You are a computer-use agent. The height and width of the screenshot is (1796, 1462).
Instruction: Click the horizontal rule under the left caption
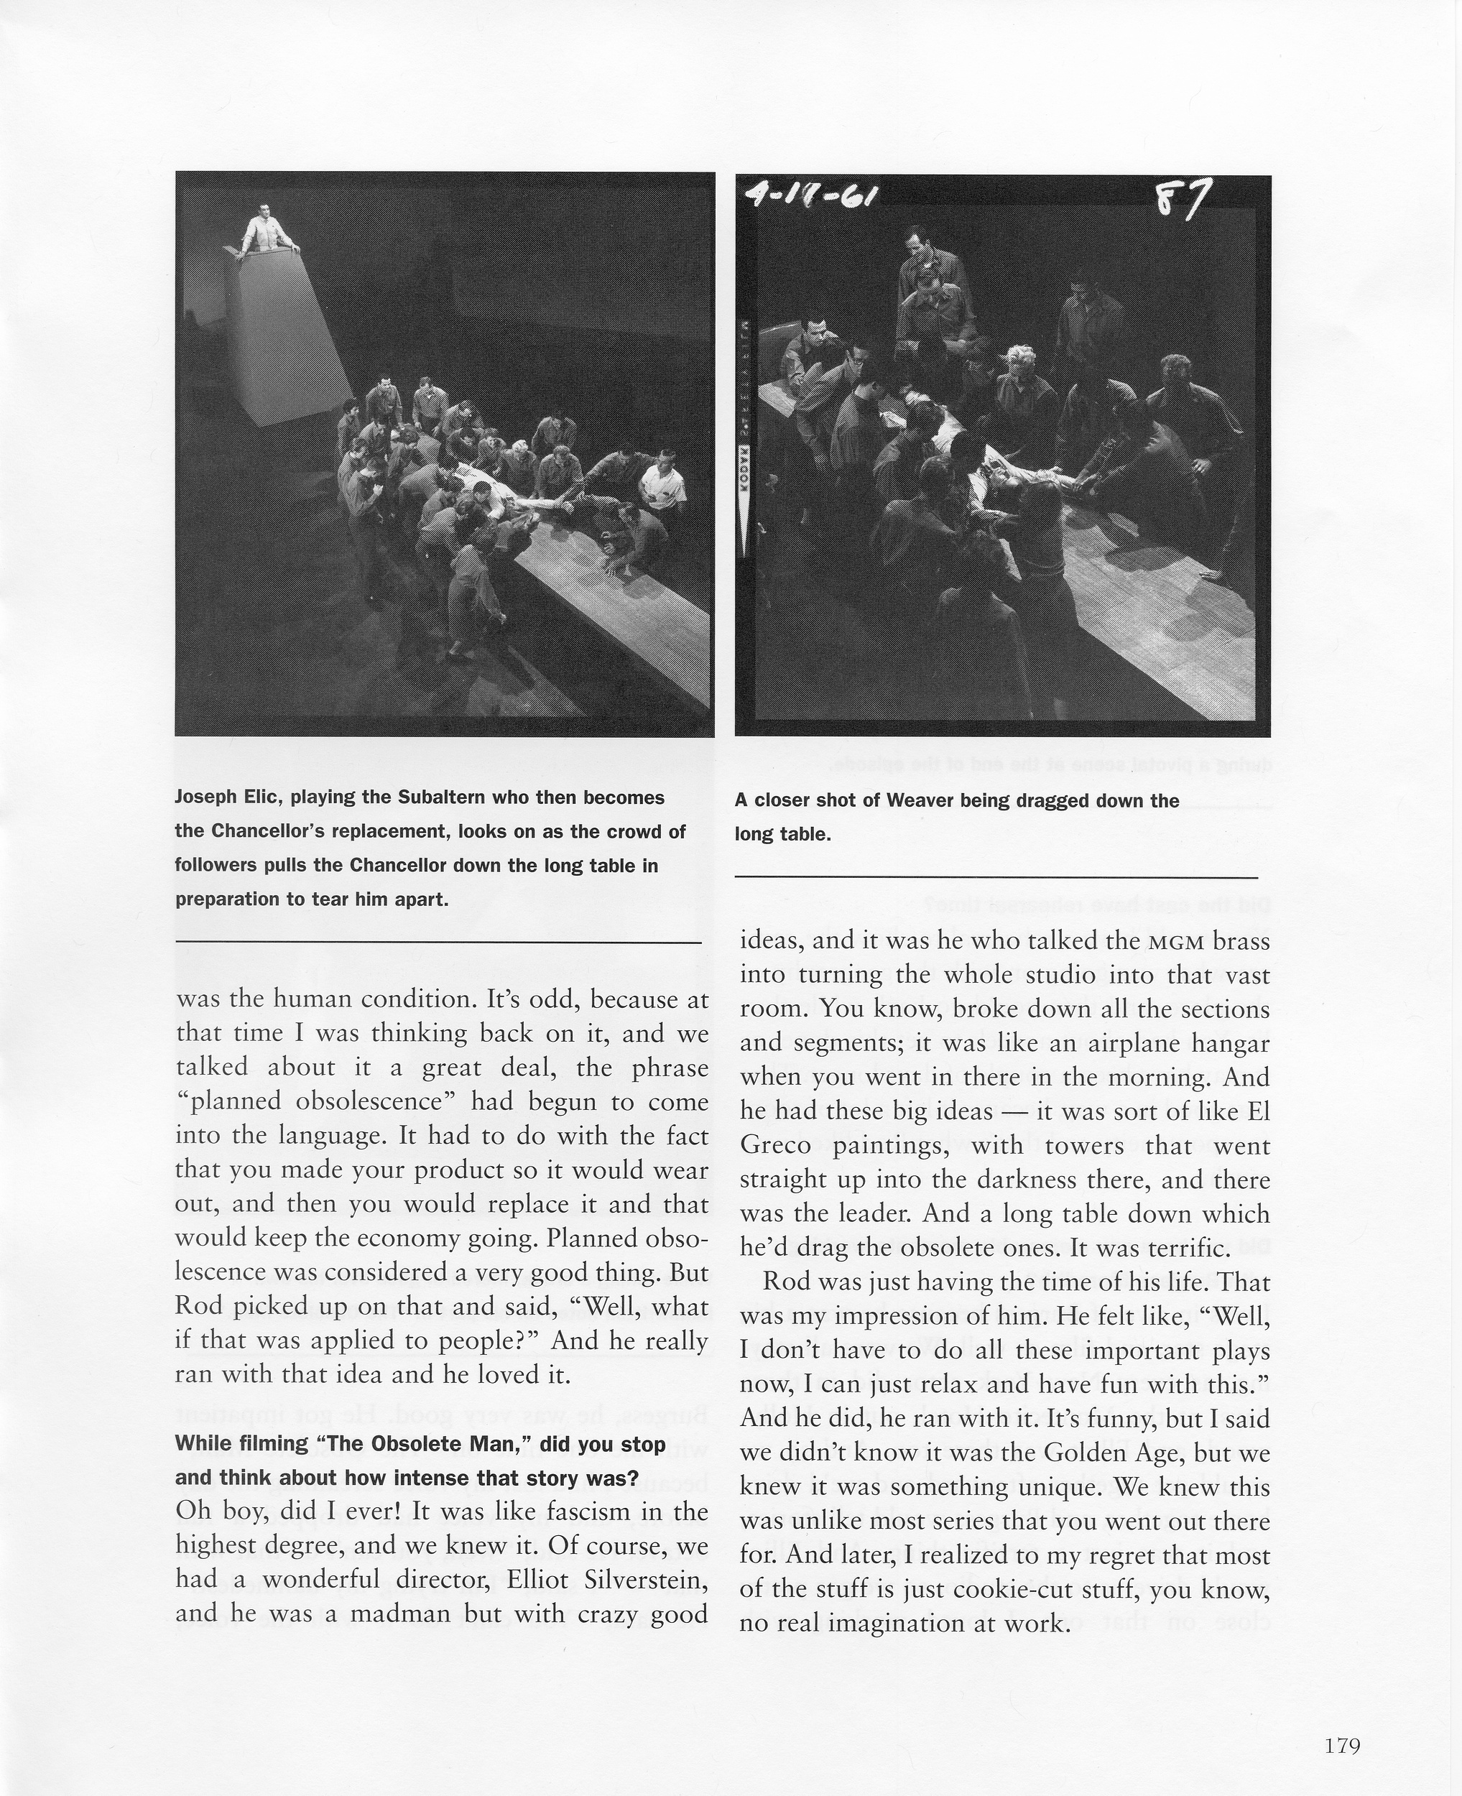438,941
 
